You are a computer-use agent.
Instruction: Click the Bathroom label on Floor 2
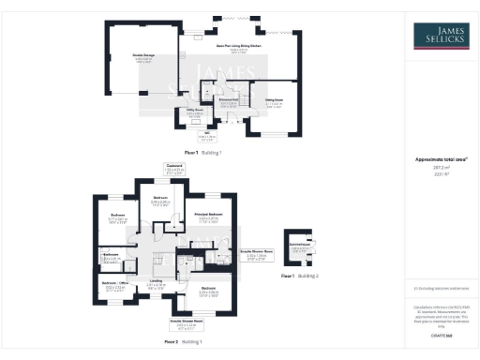[x=110, y=255]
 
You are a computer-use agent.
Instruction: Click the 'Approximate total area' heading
[x=442, y=160]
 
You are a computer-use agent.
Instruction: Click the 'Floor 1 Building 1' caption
[x=202, y=152]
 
